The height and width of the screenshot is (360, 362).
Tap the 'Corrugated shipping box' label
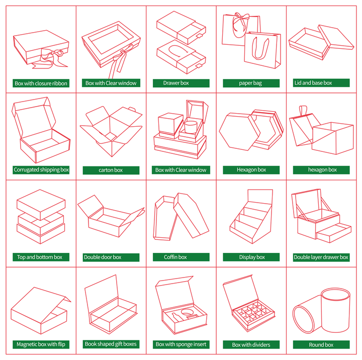[41, 170]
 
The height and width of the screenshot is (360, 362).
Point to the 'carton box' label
[111, 170]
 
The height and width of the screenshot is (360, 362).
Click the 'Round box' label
[321, 345]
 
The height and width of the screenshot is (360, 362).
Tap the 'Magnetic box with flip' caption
[41, 344]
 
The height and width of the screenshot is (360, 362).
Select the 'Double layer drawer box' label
[321, 257]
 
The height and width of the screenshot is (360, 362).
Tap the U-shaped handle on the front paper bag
[260, 48]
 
